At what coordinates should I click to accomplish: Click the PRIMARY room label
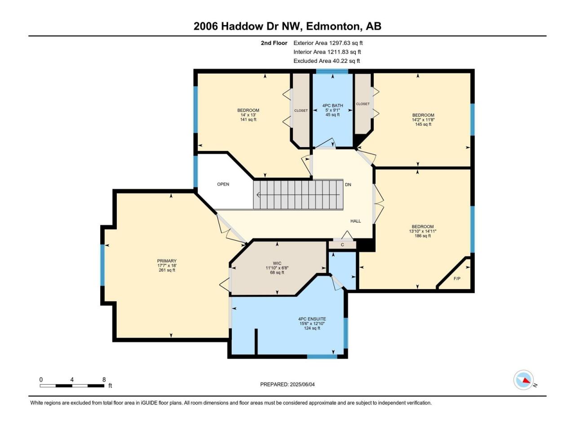click(167, 261)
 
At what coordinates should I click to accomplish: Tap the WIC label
click(277, 263)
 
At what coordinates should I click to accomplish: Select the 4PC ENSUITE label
click(312, 319)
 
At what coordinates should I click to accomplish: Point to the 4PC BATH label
click(333, 106)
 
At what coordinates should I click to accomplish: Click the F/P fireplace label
click(457, 279)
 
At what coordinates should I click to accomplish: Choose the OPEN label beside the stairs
click(223, 184)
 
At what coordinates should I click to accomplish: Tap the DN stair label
click(348, 185)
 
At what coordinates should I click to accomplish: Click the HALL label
click(356, 221)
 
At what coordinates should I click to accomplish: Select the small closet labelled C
click(342, 245)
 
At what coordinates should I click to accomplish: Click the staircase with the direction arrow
click(298, 194)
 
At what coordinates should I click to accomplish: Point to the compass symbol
click(524, 380)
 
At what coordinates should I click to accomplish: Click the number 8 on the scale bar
click(104, 380)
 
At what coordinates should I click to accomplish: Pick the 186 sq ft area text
click(423, 236)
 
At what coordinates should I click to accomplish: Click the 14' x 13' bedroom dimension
click(248, 115)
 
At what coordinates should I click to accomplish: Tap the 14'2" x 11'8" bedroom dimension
click(423, 119)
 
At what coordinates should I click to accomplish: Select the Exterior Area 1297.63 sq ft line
click(328, 43)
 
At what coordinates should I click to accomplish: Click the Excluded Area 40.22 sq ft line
click(327, 61)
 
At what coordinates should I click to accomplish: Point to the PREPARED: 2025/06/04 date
click(287, 384)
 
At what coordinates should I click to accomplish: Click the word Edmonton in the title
click(333, 26)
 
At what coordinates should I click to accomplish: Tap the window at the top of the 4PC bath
click(332, 71)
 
